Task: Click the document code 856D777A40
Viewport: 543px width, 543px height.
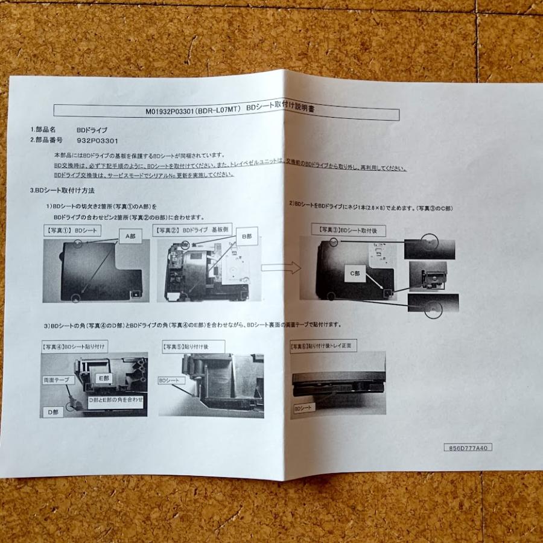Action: pos(468,448)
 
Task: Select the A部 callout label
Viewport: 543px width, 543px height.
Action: pos(130,237)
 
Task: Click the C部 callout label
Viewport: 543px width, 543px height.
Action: pos(356,273)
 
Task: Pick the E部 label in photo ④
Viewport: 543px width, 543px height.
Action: pos(104,378)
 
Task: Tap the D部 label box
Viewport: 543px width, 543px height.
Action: pos(53,412)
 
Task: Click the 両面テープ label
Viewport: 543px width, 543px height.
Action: pos(59,380)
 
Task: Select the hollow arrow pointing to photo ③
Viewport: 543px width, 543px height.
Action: pos(281,267)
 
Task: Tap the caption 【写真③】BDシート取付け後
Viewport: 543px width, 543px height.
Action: pos(348,230)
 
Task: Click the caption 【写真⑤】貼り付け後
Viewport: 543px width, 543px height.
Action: pos(192,346)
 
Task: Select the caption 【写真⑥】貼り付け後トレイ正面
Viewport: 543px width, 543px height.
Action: pos(323,346)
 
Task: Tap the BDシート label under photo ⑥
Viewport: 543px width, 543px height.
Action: pos(305,408)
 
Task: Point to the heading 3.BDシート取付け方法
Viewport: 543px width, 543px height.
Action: pos(62,190)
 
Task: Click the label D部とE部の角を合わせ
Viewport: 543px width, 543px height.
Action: pos(116,399)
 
